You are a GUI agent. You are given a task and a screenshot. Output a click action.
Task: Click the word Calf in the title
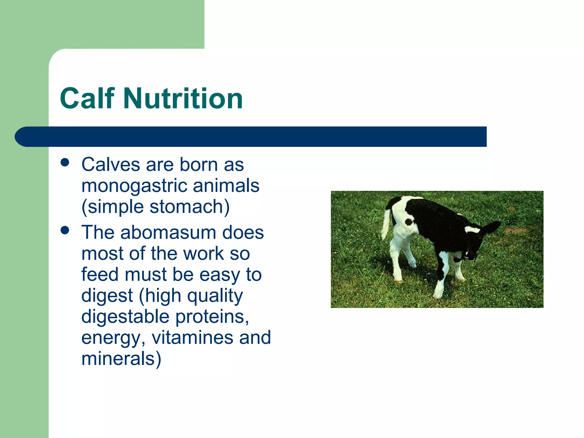(x=87, y=98)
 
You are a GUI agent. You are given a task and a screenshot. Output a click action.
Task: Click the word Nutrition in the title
(x=183, y=98)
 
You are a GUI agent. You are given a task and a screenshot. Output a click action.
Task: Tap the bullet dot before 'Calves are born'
(x=65, y=163)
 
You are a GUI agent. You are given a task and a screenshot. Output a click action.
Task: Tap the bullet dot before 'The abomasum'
(x=65, y=230)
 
